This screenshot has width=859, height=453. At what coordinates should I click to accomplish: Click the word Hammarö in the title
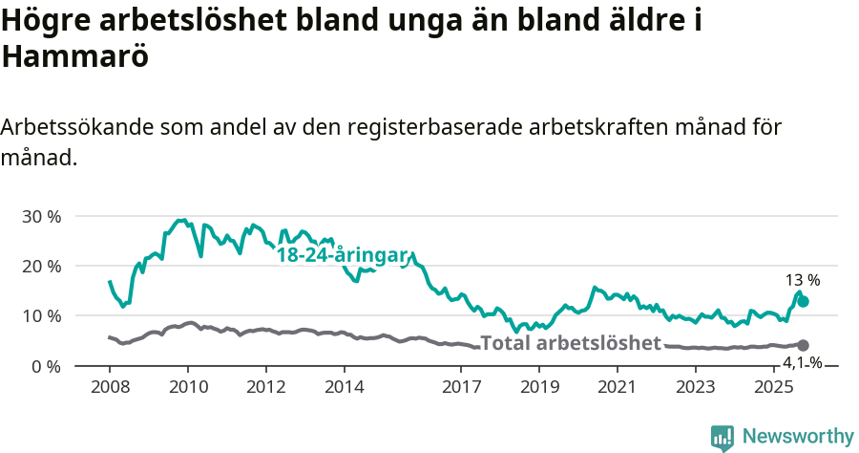point(75,56)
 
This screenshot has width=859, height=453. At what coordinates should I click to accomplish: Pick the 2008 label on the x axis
point(110,387)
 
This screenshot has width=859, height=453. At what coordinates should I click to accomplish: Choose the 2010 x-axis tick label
point(188,387)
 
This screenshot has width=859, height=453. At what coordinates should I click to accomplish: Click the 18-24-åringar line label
point(343,255)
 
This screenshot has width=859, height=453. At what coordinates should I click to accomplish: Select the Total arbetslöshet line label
point(571,343)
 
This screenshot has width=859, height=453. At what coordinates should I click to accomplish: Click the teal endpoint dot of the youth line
point(804,301)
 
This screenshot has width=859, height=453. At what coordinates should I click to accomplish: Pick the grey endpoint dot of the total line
point(804,345)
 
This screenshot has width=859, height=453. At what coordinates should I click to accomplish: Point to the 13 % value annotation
point(803,280)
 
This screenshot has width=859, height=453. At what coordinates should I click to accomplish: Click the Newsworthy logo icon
point(723,437)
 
